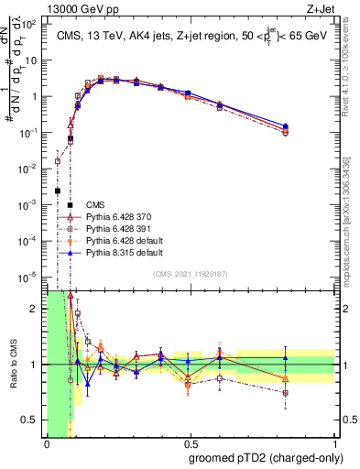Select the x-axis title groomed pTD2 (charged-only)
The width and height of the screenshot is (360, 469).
pyautogui.click(x=266, y=459)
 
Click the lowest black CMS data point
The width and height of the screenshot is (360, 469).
pyautogui.click(x=58, y=191)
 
